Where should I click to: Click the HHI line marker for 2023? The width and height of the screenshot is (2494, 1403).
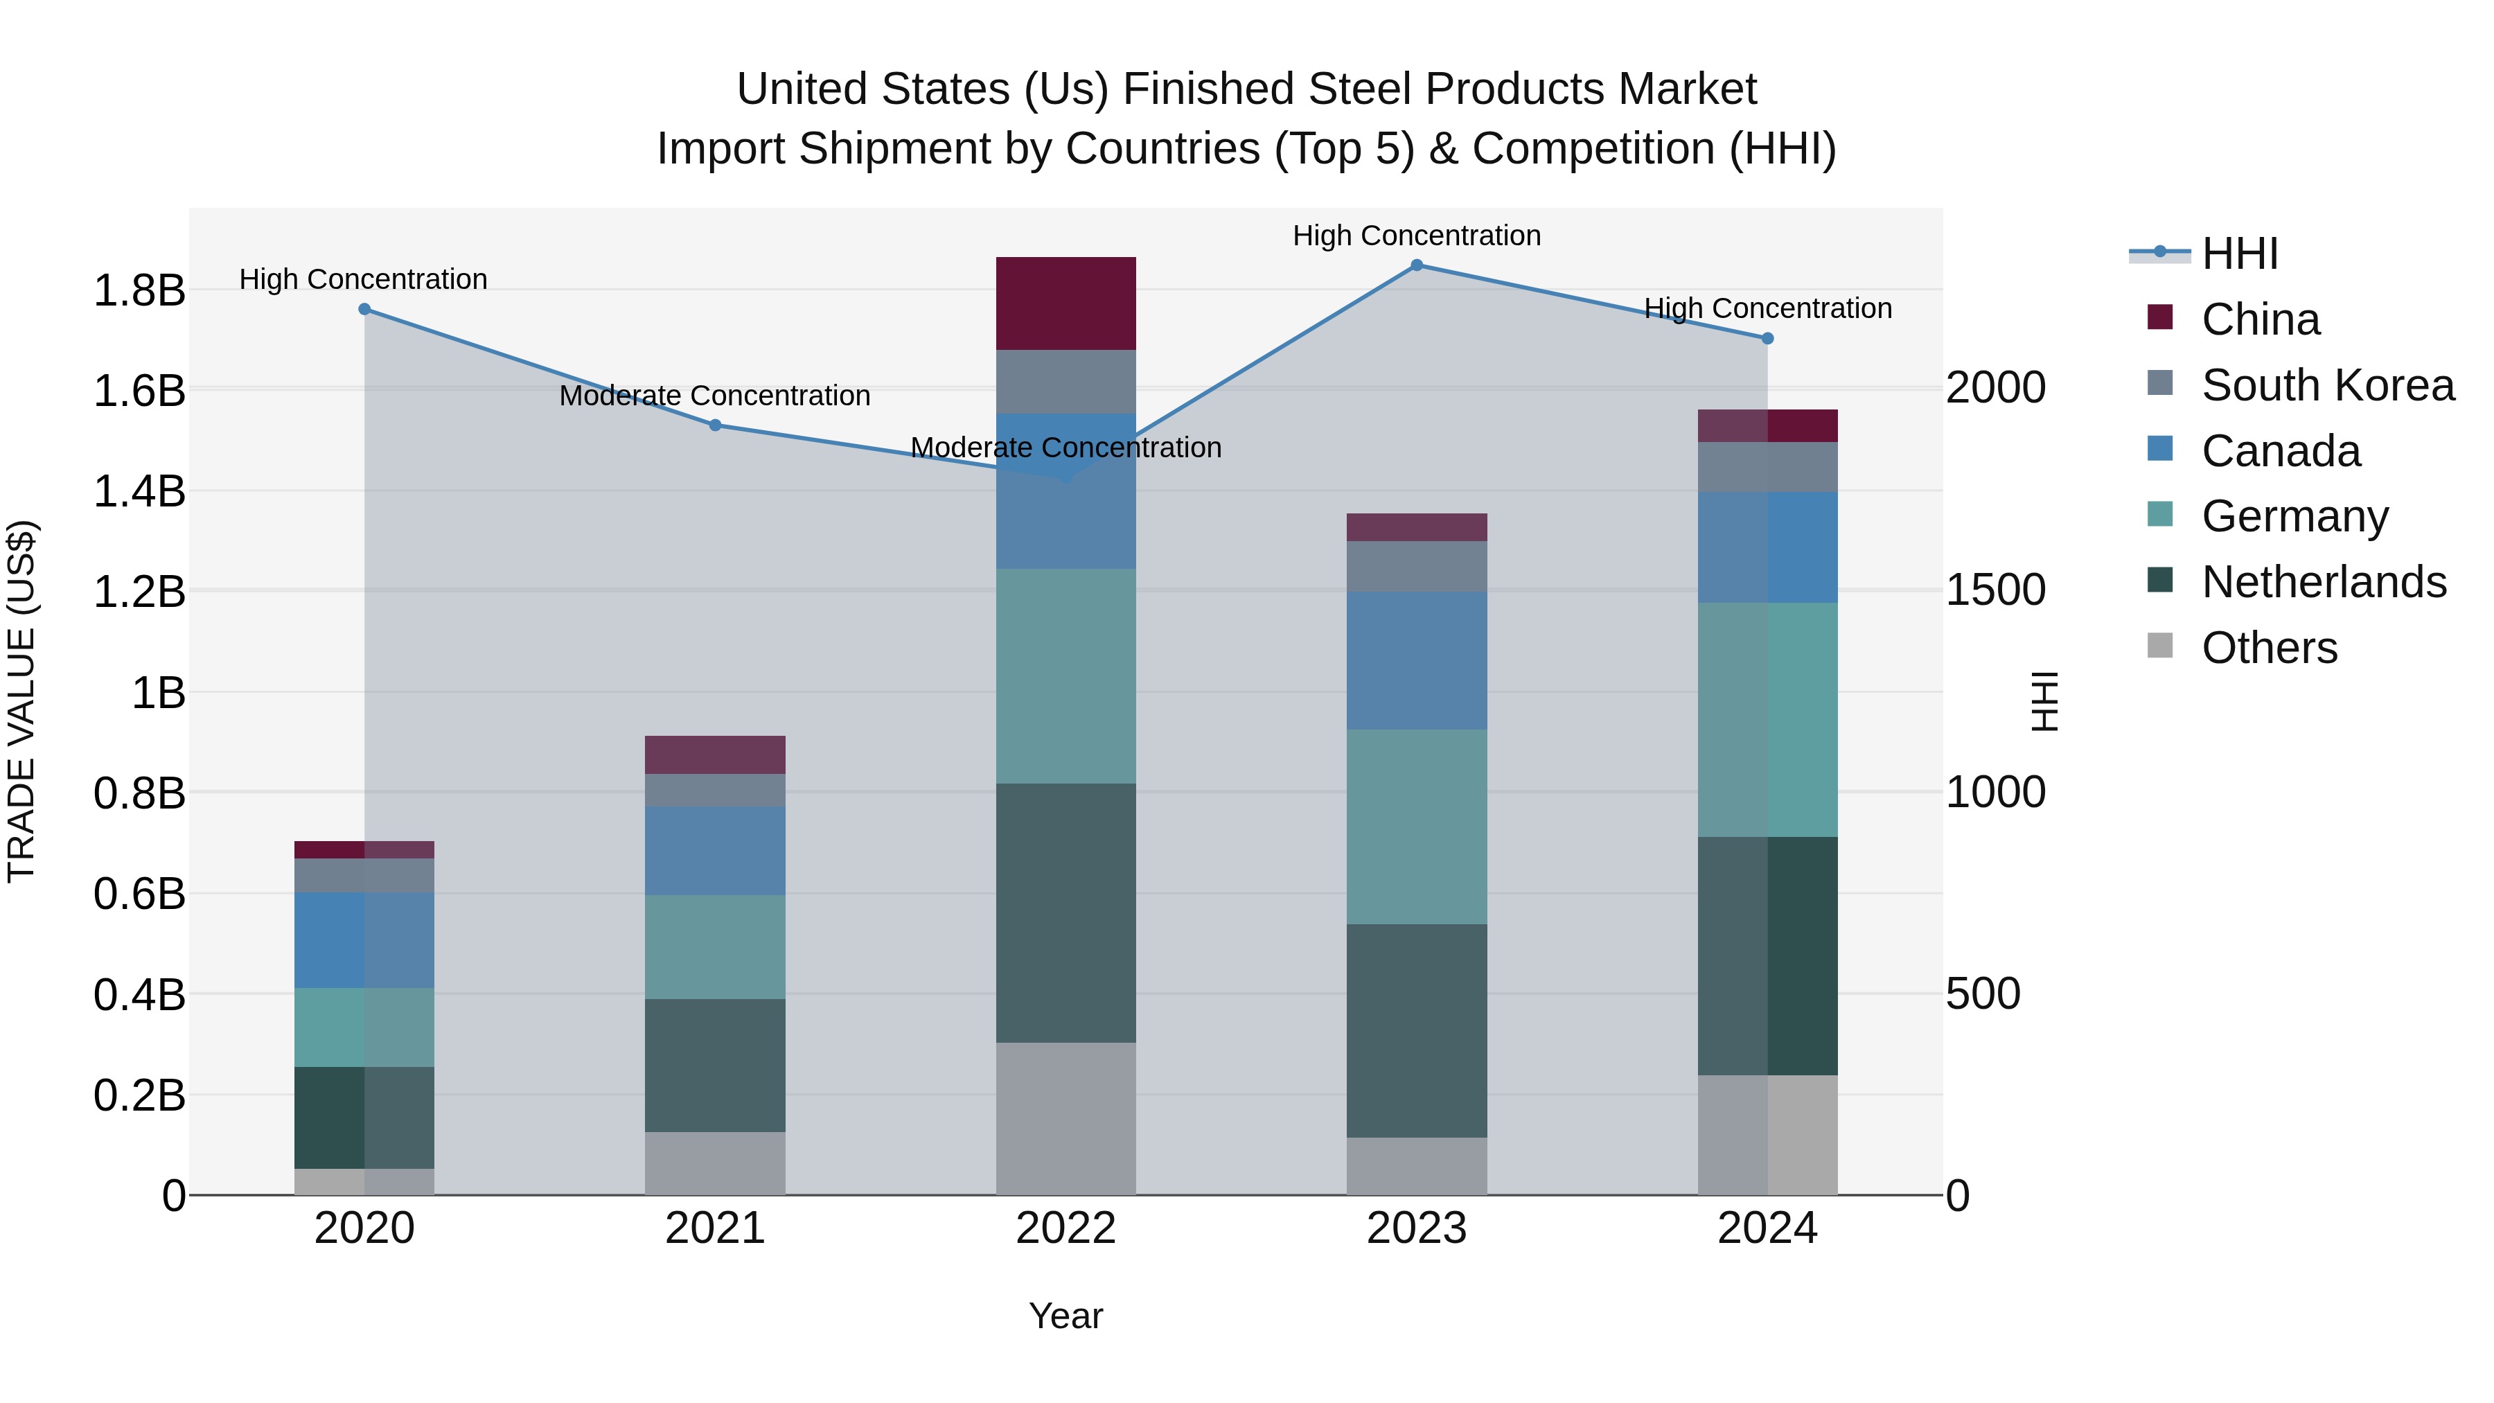(1417, 265)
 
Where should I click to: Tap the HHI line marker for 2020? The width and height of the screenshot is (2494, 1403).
(364, 310)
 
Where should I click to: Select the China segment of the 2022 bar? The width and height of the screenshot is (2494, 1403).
(1066, 303)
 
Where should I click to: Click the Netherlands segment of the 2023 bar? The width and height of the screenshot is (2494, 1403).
(1417, 1030)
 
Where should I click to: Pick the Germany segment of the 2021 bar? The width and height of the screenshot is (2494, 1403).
(716, 947)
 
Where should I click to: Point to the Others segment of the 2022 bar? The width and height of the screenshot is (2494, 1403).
(1066, 1118)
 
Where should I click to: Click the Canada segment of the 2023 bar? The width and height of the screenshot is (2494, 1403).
(1417, 660)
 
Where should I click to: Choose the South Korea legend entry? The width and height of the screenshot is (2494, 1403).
(2328, 385)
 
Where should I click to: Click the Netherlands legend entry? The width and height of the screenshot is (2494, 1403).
(2324, 582)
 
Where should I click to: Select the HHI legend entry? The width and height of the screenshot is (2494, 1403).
(2239, 254)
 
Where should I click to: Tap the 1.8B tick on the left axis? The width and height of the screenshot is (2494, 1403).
(139, 290)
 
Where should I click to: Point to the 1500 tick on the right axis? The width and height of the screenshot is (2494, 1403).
(1995, 590)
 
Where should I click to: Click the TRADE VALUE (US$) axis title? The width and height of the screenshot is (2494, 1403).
(21, 701)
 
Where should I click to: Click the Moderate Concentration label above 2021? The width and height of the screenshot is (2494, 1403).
(716, 396)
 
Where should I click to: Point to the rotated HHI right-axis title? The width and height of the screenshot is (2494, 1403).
(2043, 701)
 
